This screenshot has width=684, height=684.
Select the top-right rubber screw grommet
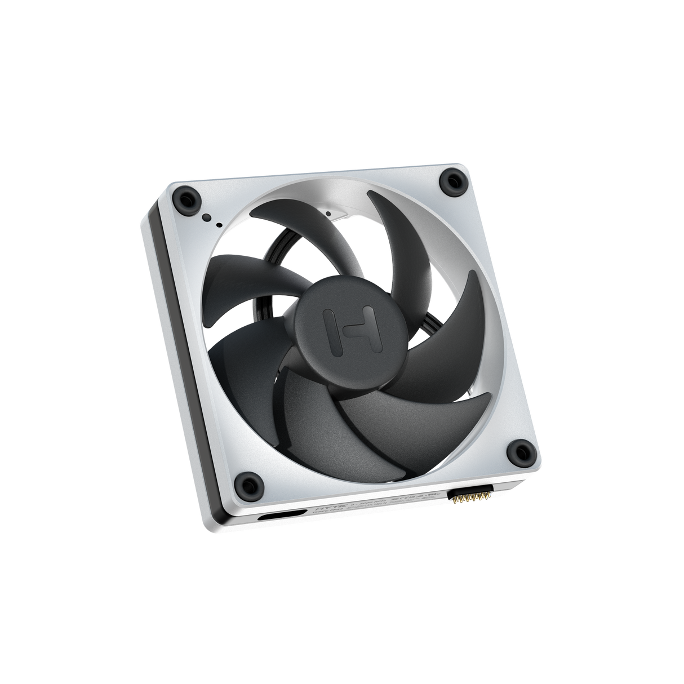[454, 179]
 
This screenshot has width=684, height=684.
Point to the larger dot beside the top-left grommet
[207, 217]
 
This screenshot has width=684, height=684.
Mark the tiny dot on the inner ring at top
[328, 214]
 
